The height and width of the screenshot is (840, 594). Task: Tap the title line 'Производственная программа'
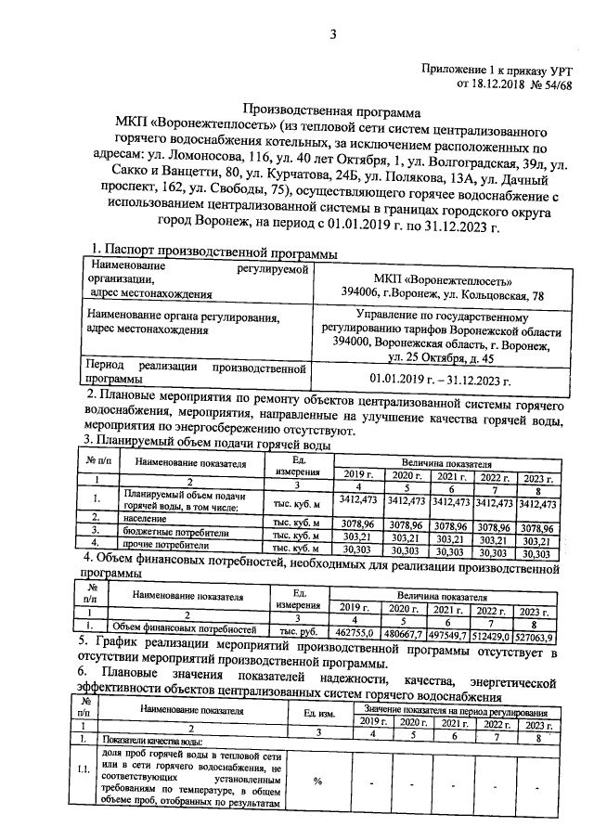point(332,109)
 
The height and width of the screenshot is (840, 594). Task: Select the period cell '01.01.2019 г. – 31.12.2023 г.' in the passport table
point(440,379)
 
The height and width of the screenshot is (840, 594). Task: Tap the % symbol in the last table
point(317,781)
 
